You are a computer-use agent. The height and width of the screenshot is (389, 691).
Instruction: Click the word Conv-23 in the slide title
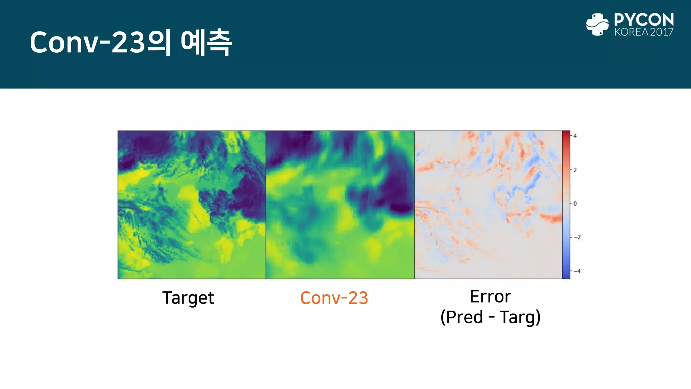coord(87,43)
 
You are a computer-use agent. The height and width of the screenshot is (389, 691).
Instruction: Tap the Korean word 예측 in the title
coord(206,43)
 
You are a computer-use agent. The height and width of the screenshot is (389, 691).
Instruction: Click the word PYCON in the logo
coord(644,20)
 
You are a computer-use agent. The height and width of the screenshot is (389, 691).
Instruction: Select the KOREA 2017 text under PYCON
coord(644,32)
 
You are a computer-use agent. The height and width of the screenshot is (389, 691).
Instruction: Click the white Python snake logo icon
coord(597,24)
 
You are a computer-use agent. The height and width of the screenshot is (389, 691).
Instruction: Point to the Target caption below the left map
coord(188,298)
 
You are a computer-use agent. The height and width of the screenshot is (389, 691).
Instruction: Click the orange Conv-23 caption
coord(334,298)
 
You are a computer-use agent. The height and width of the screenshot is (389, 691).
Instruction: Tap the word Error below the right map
coord(490,296)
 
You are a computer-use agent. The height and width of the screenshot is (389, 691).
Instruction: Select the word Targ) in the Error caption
coord(520,317)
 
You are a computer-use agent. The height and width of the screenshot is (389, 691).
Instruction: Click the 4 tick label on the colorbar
coord(575,136)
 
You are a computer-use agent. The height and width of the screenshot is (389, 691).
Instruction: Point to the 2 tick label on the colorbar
coord(575,170)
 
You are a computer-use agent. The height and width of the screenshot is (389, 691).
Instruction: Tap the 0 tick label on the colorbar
coord(575,204)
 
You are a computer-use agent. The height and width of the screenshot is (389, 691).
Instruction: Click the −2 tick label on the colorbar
coord(577,237)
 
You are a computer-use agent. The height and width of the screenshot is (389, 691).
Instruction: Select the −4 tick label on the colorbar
coord(577,271)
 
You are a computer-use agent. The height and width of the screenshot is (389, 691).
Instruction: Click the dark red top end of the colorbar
coord(566,134)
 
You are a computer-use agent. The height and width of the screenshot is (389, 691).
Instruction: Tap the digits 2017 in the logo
coord(662,32)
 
